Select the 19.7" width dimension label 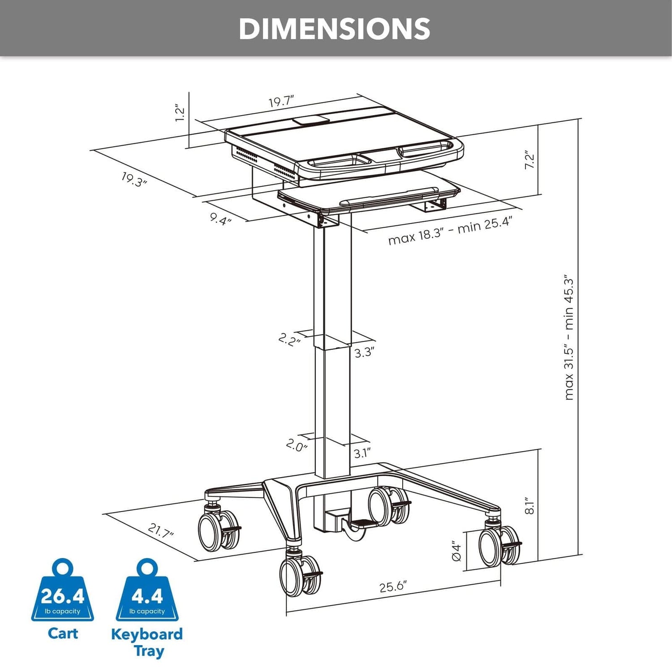(281, 102)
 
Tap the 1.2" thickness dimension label (180, 113)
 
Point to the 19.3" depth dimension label (134, 180)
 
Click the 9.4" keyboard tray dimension (221, 219)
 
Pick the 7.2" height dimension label (530, 160)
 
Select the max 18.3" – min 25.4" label (450, 231)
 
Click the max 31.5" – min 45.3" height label (569, 337)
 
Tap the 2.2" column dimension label (289, 339)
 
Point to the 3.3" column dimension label (364, 352)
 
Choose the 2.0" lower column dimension (297, 445)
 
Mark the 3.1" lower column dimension (362, 453)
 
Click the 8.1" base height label (530, 505)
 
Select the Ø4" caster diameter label (456, 551)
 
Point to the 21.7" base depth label (160, 531)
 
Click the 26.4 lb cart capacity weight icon (63, 591)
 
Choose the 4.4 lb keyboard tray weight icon (147, 591)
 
